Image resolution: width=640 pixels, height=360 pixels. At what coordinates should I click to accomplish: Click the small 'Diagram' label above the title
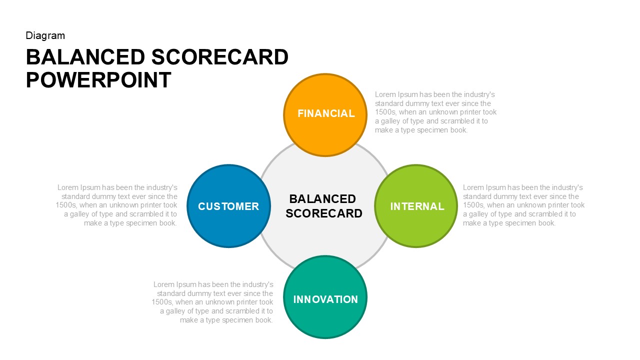click(x=45, y=35)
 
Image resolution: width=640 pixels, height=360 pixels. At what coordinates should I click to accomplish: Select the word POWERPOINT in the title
click(x=98, y=80)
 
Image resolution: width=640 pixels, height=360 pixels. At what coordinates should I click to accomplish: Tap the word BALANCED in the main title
click(x=85, y=57)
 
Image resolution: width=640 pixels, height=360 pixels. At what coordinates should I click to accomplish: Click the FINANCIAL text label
click(x=325, y=113)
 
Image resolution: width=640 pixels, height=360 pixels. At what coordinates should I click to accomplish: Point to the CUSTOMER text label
click(x=228, y=206)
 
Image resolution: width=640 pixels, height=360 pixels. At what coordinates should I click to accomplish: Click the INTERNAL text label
click(x=417, y=206)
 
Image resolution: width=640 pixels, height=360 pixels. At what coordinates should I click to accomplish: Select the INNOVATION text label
click(x=325, y=299)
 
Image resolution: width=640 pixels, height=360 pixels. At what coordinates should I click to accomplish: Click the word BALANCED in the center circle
click(x=322, y=199)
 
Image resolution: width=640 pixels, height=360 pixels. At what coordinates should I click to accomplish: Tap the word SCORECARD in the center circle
click(x=324, y=213)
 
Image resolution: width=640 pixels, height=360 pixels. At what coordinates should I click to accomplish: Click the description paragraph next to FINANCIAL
click(x=435, y=112)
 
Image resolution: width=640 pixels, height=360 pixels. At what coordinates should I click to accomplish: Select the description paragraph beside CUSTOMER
click(x=117, y=205)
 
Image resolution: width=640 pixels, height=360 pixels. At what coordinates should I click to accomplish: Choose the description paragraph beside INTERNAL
click(x=523, y=205)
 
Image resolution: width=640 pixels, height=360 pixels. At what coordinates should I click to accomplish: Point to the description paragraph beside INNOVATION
click(x=213, y=302)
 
